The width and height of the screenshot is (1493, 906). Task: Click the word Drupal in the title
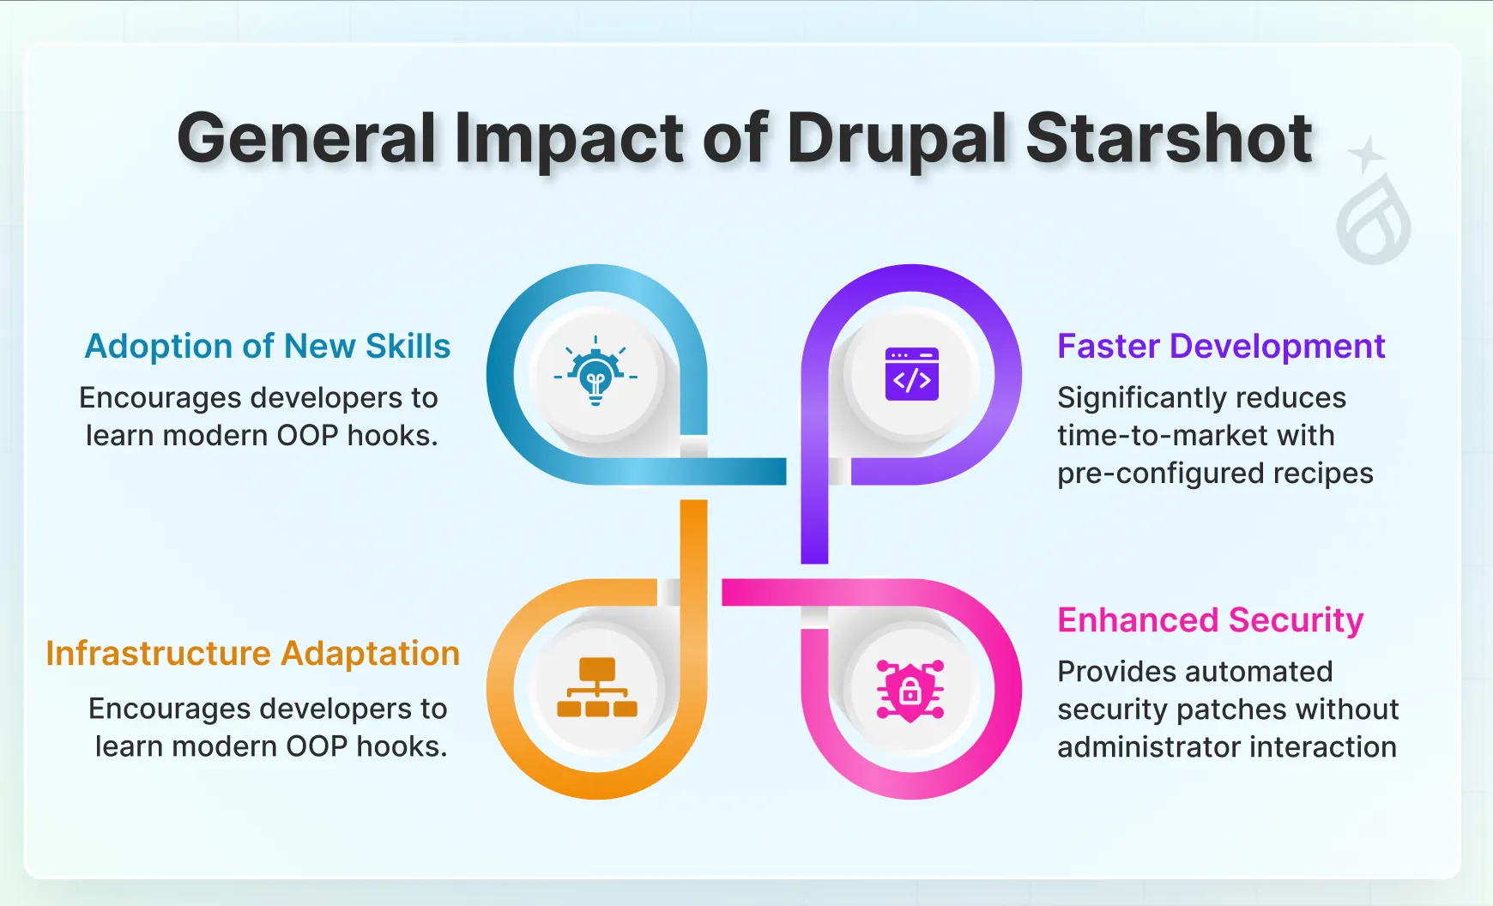pos(897,139)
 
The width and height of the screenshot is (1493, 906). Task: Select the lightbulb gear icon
pos(595,375)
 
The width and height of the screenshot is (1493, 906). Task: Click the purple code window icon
pos(911,374)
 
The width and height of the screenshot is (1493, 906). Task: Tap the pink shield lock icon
pos(910,690)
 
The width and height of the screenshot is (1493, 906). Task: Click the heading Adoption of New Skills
pos(267,346)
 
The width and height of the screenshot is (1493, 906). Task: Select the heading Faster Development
pos(1220,346)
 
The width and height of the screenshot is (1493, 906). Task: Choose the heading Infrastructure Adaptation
pos(252,653)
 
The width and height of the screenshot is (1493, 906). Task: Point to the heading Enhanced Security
pos(1210,619)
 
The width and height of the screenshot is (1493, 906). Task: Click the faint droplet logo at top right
pos(1374,221)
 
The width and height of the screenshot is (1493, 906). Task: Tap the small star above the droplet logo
pos(1367,154)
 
